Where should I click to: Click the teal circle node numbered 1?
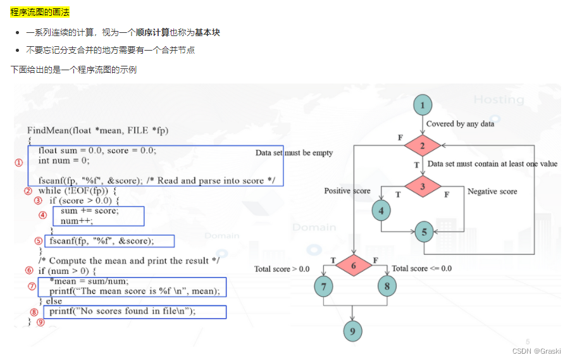423,105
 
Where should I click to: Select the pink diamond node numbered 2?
423,146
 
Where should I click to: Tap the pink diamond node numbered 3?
423,186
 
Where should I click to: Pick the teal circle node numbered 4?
381,211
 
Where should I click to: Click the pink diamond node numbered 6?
353,265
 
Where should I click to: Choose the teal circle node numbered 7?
323,287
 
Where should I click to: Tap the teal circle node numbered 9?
353,330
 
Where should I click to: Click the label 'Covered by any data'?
460,124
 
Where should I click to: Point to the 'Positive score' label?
347,191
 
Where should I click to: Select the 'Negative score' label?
492,191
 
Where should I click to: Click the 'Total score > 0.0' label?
282,269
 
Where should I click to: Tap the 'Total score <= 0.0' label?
421,268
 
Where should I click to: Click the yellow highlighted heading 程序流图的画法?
40,12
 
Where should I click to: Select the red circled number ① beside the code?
18,162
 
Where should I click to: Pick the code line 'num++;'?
77,221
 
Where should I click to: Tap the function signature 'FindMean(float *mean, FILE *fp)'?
98,130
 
